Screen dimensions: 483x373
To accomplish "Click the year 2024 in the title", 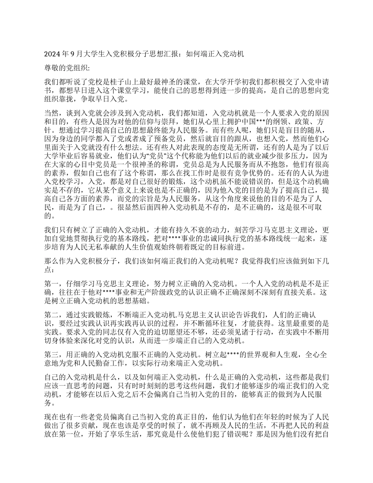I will [x=51, y=54].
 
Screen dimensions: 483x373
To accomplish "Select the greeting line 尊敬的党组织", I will [x=66, y=68].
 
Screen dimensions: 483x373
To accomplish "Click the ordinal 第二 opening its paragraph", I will [x=51, y=315].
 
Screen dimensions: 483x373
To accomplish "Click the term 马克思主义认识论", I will [x=206, y=315].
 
